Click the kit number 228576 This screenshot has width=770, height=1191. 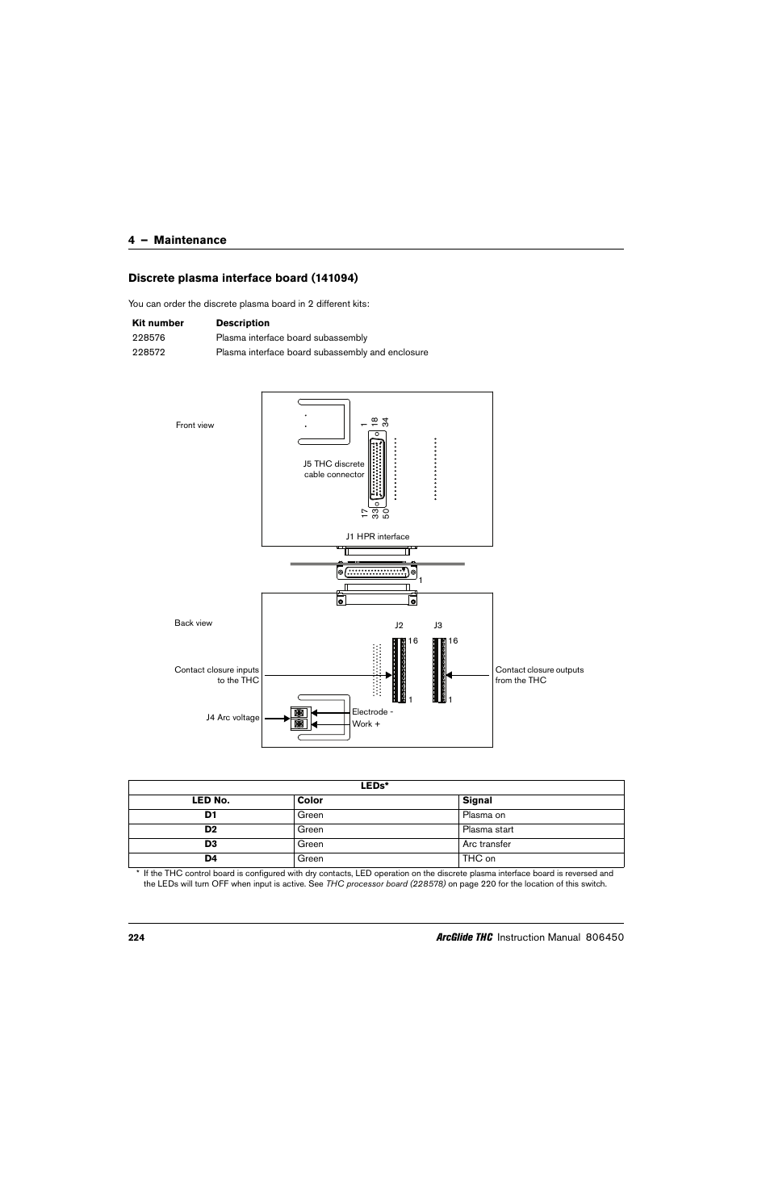coord(149,338)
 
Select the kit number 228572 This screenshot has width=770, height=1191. coord(149,352)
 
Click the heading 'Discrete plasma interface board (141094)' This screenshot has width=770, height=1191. coord(243,278)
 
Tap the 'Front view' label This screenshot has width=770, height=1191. coord(195,425)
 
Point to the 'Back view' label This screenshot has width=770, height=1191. coord(193,623)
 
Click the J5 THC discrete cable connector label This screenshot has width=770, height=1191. coord(333,469)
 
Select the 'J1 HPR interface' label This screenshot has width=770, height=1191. coord(377,536)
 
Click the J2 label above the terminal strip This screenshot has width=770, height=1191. coord(399,625)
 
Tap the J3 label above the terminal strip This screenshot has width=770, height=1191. coord(438,625)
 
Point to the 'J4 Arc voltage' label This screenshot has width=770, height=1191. coord(232,717)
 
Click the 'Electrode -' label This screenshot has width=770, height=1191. coord(372,711)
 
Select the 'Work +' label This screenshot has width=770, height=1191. coord(366,723)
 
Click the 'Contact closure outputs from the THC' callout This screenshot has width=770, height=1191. coord(539,675)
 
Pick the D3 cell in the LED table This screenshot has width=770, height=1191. coord(211,844)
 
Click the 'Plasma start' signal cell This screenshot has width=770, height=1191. coord(488,829)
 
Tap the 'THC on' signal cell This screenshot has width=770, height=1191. coord(479,858)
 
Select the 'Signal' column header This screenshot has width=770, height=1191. coord(477,800)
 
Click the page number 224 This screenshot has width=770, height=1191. coord(136,937)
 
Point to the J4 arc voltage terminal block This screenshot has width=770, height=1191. coord(299,718)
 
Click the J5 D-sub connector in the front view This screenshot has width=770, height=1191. coord(377,469)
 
